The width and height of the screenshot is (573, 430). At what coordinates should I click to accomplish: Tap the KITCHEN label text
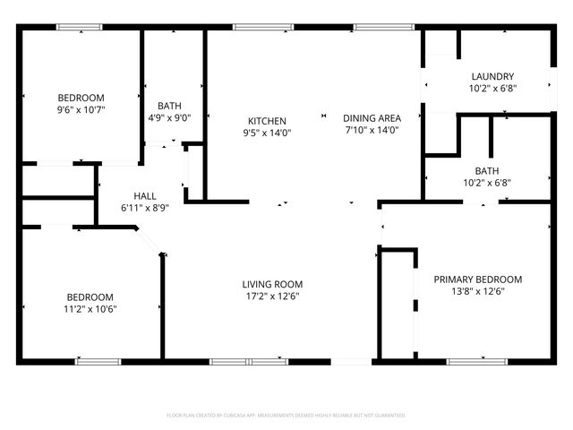[267, 121]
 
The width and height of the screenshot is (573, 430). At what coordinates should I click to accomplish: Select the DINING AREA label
[372, 117]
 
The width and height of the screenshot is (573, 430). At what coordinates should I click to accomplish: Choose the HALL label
[145, 196]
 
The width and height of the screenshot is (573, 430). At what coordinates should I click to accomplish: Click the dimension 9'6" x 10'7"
[81, 110]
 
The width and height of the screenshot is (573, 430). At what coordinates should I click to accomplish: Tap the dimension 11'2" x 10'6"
[90, 309]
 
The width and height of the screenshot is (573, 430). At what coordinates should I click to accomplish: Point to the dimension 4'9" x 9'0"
[170, 116]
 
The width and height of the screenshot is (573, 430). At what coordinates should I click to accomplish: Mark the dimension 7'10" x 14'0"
[372, 130]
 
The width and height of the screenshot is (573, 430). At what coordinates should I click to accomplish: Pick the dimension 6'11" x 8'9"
[145, 208]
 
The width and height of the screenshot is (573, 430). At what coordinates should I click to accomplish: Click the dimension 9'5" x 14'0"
[267, 133]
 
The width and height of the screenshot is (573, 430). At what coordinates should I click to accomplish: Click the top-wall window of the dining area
[372, 27]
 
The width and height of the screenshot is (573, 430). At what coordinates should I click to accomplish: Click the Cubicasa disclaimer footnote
[286, 415]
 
